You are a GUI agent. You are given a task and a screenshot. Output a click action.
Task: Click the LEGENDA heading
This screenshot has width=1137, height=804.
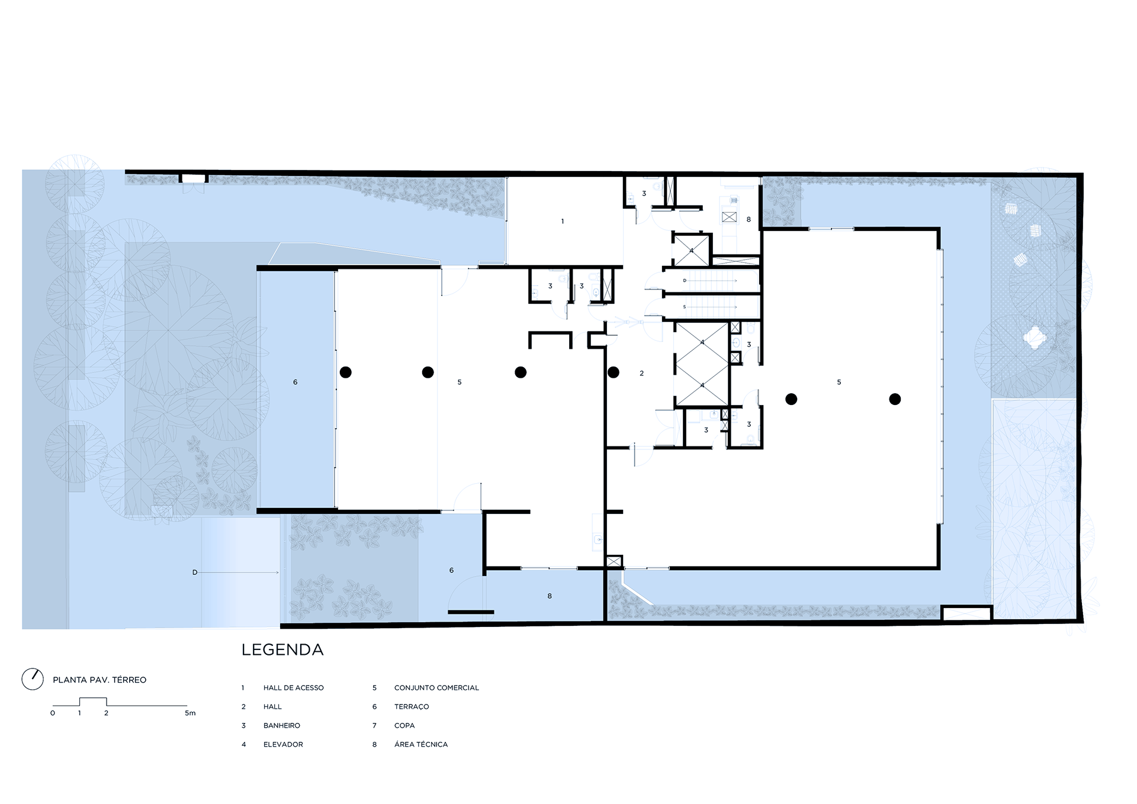click(282, 649)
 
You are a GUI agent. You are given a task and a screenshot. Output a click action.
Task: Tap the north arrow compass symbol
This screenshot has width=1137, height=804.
click(33, 679)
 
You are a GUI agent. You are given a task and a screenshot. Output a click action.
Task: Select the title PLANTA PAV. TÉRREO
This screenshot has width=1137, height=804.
click(99, 680)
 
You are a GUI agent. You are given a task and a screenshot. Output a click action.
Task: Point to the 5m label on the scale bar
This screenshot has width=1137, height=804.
click(190, 713)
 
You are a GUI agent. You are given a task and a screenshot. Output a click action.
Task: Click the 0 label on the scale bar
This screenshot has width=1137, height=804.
click(53, 713)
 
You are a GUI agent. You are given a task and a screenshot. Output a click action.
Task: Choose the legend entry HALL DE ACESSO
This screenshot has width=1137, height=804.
click(294, 688)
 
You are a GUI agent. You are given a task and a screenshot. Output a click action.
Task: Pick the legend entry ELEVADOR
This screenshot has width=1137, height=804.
click(283, 745)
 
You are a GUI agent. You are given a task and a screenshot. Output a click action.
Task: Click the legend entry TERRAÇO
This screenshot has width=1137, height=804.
click(412, 707)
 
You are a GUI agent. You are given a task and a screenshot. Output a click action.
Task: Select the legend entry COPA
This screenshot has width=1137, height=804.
click(404, 726)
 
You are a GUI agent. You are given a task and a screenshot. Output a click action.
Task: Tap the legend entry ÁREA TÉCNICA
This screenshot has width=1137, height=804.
click(421, 744)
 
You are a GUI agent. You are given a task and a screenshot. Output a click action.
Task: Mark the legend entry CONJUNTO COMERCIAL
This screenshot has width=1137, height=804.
click(436, 688)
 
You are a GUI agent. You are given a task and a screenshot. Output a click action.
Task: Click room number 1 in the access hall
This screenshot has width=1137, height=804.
click(563, 221)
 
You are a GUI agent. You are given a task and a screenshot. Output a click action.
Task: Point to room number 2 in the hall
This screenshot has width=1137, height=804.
click(641, 374)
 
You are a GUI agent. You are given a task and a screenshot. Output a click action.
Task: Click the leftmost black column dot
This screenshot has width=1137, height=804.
click(346, 372)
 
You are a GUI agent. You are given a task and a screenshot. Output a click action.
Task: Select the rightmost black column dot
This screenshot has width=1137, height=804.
click(895, 400)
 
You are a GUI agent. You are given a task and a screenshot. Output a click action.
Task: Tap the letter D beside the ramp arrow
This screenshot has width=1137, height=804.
click(195, 573)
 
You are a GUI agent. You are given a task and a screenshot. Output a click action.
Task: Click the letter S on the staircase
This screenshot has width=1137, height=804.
click(685, 307)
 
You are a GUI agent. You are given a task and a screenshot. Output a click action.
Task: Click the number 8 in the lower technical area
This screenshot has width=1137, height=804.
click(550, 596)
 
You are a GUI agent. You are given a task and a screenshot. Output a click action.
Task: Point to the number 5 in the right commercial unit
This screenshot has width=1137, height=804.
click(839, 382)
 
